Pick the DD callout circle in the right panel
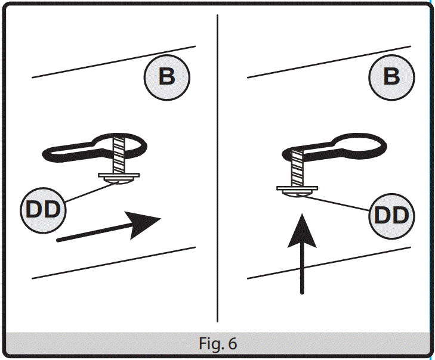[391, 215]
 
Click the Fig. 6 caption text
[217, 344]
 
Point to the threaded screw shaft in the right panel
[297, 168]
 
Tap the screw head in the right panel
[297, 193]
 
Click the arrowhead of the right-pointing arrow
[147, 224]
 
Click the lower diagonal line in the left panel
[113, 262]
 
